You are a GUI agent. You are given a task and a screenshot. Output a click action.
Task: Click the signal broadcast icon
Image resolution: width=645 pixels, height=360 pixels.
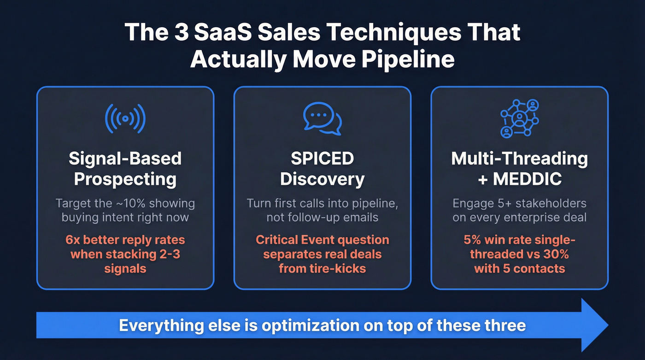click(x=125, y=118)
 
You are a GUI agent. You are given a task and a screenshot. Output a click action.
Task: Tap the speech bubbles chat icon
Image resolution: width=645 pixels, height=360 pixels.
click(x=322, y=118)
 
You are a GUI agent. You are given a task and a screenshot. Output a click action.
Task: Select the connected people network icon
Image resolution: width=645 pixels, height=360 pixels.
click(x=519, y=118)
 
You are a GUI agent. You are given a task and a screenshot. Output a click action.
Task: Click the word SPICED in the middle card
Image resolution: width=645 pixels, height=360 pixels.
click(x=322, y=159)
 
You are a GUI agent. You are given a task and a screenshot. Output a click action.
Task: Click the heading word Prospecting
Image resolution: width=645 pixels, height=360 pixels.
click(x=125, y=179)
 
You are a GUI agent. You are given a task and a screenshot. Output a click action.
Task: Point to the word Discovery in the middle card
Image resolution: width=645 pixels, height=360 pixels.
click(x=322, y=179)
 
